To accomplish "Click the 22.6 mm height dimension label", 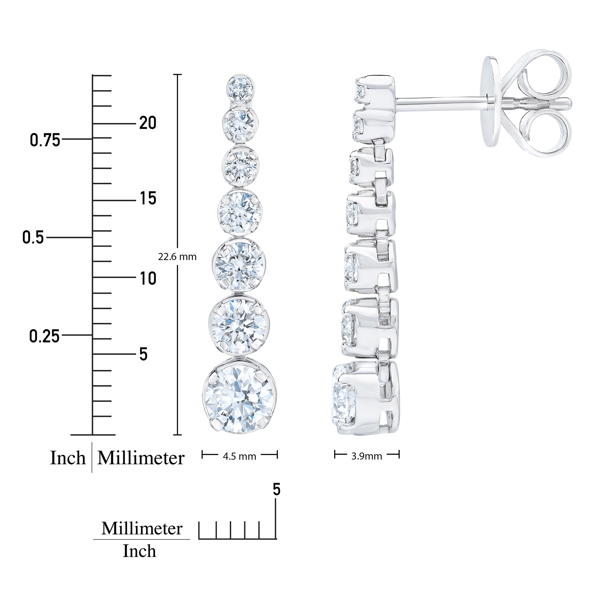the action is click(x=177, y=257).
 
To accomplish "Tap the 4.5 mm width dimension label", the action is click(x=239, y=456).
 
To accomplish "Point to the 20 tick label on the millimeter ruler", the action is click(x=148, y=123).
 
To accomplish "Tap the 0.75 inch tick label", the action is click(x=45, y=141).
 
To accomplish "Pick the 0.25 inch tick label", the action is click(x=44, y=336).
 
